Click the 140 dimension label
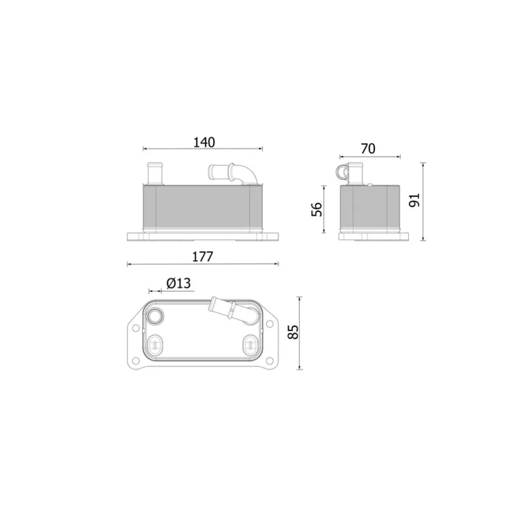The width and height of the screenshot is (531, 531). click(204, 143)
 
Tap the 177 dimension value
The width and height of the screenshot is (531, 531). click(202, 257)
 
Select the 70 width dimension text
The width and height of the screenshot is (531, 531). click(368, 149)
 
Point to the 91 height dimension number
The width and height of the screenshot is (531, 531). click(414, 200)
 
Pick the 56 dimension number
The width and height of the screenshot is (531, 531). click(317, 209)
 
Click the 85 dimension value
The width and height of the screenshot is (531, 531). click(293, 332)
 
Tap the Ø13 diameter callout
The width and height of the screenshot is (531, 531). click(179, 283)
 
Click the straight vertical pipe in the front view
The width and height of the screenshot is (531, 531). click(155, 174)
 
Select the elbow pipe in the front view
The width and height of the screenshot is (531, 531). click(234, 173)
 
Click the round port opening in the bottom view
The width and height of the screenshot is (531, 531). click(155, 317)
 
